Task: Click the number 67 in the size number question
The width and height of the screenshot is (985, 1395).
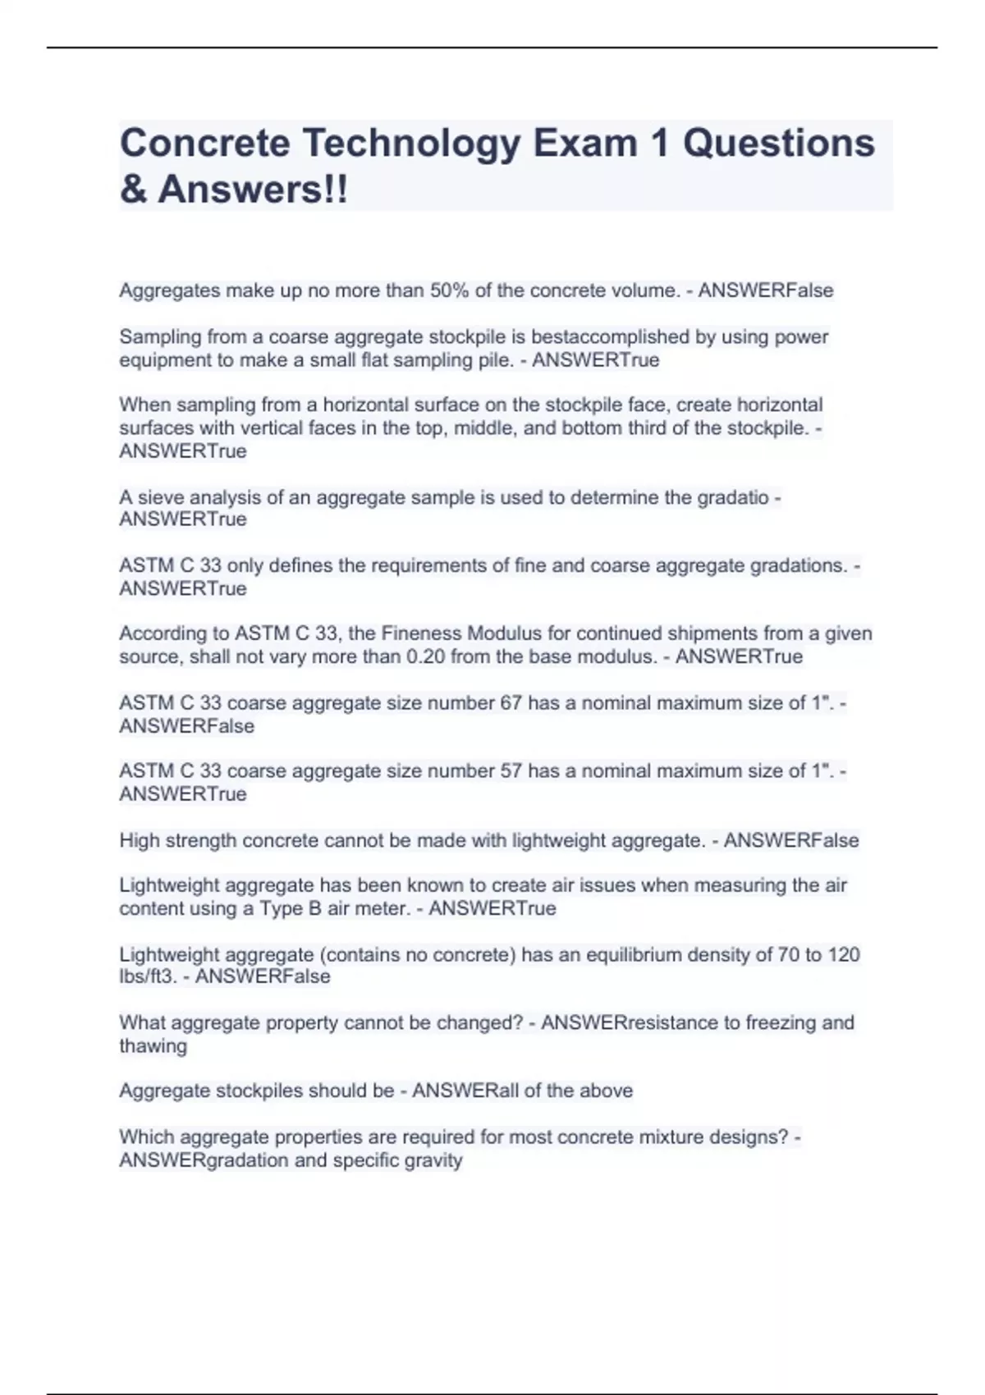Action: tap(511, 703)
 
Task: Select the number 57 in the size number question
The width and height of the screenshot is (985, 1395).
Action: tap(511, 771)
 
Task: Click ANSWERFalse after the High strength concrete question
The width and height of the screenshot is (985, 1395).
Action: tap(790, 840)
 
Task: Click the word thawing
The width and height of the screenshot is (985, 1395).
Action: tap(153, 1046)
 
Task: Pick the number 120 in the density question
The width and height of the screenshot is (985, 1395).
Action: tap(844, 954)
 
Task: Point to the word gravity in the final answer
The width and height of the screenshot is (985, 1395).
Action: tap(433, 1160)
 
